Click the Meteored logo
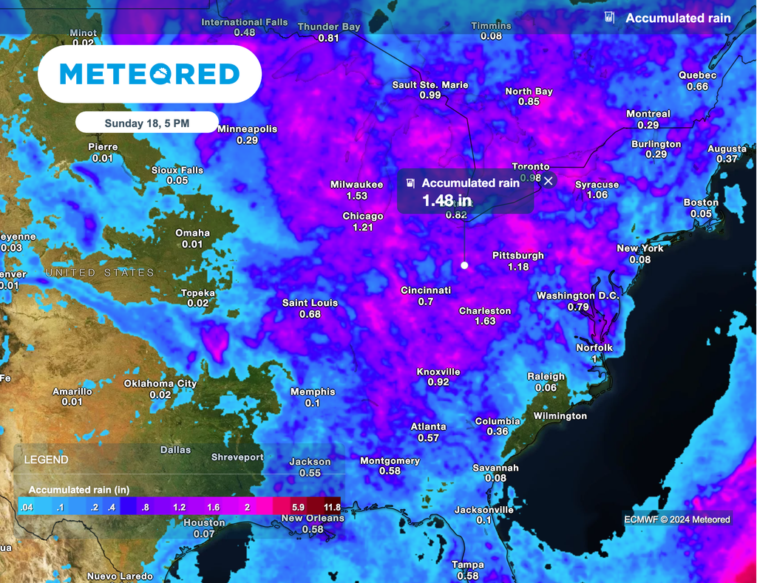(149, 74)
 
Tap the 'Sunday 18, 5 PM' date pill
(146, 123)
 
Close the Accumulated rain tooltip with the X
(549, 181)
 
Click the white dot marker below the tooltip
(464, 265)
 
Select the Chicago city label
(363, 217)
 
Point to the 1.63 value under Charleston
(485, 321)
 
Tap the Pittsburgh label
(518, 256)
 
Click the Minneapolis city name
(247, 129)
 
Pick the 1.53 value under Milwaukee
(356, 196)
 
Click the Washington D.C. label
(577, 296)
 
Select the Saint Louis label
(310, 303)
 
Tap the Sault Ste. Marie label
(430, 85)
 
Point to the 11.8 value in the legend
(331, 508)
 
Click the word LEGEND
(46, 460)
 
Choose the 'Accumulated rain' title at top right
(678, 18)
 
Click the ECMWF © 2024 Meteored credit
(676, 519)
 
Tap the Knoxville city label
(438, 372)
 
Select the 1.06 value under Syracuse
(597, 195)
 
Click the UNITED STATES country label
(100, 273)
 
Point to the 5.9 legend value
(299, 508)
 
